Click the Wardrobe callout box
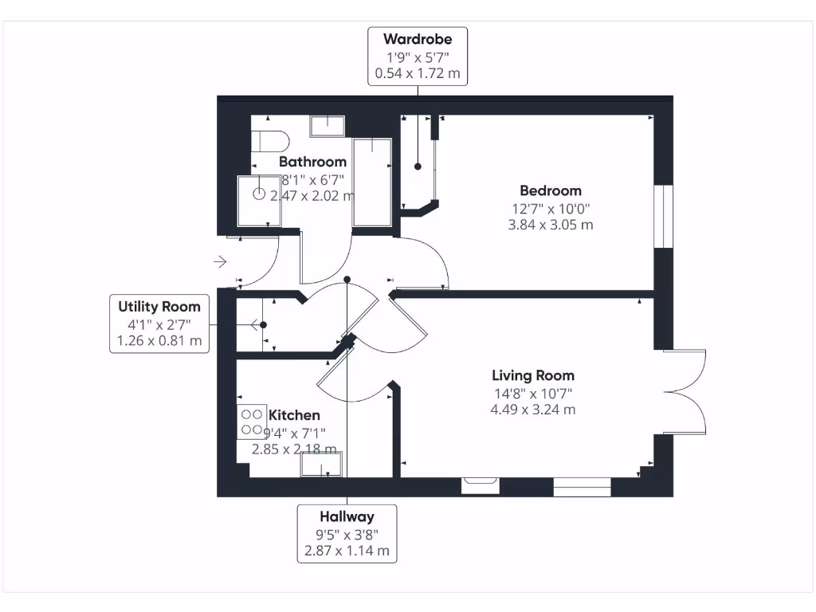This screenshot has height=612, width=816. tap(418, 57)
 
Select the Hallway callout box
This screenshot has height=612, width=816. tap(347, 533)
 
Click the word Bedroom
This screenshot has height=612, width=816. tap(551, 190)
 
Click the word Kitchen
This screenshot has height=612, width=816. tap(295, 415)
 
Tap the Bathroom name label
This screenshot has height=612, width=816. tap(312, 162)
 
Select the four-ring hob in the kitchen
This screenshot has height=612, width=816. tap(253, 422)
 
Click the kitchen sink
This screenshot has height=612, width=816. tap(321, 464)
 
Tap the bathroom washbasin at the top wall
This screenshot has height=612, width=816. tap(327, 126)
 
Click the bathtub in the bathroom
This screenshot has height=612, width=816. tap(371, 182)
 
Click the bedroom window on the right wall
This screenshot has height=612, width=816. tap(663, 217)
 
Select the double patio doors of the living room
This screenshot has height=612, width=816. tap(685, 390)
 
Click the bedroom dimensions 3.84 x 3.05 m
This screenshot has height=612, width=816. tap(551, 225)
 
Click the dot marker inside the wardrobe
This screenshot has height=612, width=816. tap(418, 167)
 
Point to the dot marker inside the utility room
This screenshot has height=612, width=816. tap(263, 324)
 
